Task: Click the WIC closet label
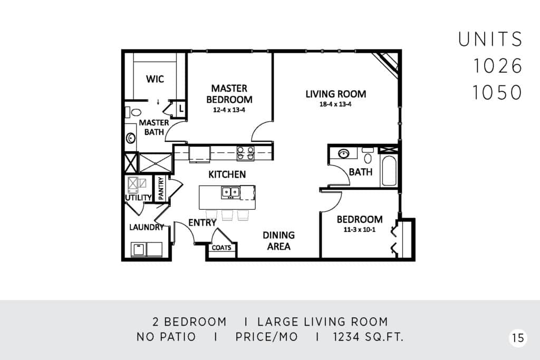coord(155,79)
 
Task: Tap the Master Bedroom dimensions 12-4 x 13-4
coord(229,110)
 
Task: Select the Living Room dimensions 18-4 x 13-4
coord(335,104)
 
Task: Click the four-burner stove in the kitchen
coord(246,153)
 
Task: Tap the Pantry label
coord(160,188)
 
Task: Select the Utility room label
coord(138,198)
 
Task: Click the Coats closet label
coord(221,247)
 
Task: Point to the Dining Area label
coord(278,240)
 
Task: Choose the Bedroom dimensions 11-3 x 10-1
coord(359,230)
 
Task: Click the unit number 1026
coord(498,66)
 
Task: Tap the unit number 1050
coord(497,92)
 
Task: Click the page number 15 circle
coord(518,338)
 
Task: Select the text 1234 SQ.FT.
coord(368,337)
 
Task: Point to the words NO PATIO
coord(166,337)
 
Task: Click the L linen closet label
coord(181,109)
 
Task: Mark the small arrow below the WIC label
coord(158,102)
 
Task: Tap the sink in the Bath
coord(343,153)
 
